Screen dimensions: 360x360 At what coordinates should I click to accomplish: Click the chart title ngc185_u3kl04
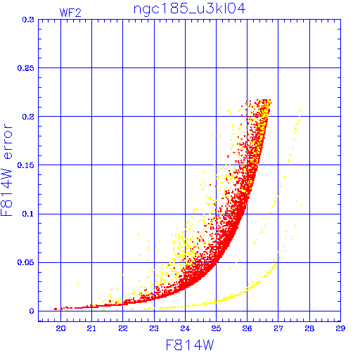point(189,10)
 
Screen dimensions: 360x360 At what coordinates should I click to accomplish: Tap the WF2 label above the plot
point(70,13)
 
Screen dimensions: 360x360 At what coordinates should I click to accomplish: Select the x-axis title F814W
point(190,345)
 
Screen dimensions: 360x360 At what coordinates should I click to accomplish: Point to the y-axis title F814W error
point(6,169)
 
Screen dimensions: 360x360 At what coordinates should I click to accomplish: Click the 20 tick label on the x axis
point(60,328)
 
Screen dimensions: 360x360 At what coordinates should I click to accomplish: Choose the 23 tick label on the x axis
point(154,328)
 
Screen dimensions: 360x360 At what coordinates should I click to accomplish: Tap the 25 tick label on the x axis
point(216,328)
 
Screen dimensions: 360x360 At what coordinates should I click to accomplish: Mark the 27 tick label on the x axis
point(278,328)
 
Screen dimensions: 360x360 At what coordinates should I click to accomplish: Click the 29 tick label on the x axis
point(340,328)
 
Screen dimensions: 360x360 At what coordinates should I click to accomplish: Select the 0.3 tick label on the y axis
point(28,20)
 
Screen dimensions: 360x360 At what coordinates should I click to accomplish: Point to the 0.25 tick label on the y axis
point(25,68)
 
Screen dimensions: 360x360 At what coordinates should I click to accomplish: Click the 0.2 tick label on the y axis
point(28,117)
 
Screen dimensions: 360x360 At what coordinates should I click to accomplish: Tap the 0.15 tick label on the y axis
point(25,165)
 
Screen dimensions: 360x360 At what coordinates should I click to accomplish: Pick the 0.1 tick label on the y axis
point(28,214)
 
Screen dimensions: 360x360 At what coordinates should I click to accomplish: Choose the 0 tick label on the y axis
point(32,311)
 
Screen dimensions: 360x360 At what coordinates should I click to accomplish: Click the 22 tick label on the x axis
point(123,328)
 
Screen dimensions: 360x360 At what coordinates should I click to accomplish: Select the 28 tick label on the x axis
point(309,328)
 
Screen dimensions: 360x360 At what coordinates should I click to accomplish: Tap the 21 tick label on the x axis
point(91,328)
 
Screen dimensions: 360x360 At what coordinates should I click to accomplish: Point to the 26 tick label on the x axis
point(247,328)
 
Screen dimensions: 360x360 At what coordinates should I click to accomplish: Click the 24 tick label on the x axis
point(185,328)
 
